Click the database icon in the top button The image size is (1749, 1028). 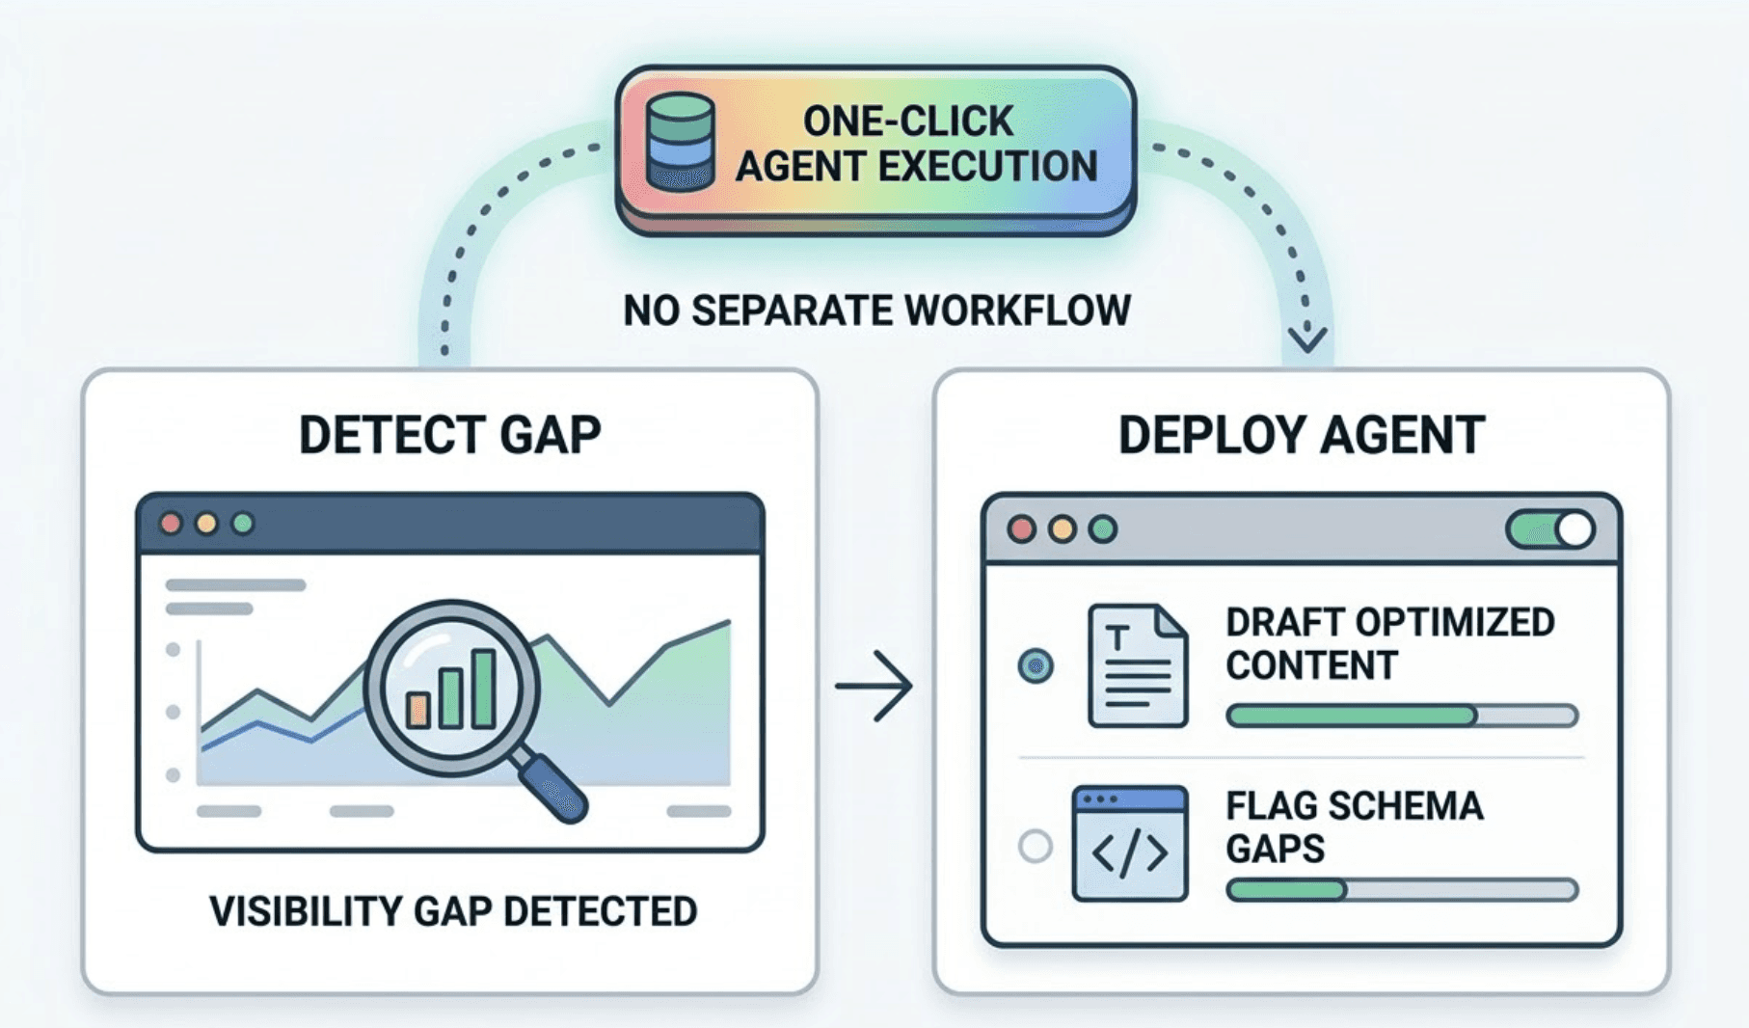click(680, 143)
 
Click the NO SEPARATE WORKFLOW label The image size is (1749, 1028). click(876, 311)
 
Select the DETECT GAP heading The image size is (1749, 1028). click(450, 435)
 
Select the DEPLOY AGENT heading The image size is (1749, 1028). click(1301, 435)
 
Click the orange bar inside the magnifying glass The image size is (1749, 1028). click(417, 709)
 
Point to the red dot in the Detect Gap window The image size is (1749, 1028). click(172, 524)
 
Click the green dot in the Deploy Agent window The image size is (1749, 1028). click(1102, 529)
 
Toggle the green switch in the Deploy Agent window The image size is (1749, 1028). click(1549, 529)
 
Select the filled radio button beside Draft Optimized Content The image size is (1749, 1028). click(1036, 665)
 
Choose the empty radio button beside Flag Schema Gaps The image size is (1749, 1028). click(1036, 847)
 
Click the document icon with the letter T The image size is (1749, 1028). click(1137, 665)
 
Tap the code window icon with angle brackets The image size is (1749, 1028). click(1129, 844)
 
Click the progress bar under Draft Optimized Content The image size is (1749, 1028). click(1401, 716)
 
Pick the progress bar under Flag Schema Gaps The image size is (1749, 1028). click(1401, 889)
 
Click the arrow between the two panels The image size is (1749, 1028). click(874, 686)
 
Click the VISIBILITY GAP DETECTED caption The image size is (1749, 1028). click(453, 911)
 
